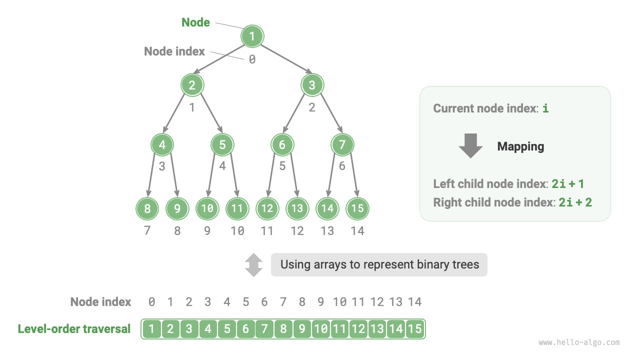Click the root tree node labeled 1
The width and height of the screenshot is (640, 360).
[252, 36]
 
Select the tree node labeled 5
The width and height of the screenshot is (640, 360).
[222, 145]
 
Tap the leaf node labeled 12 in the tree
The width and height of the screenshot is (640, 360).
[267, 208]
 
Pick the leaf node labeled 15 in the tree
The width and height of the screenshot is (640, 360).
[357, 208]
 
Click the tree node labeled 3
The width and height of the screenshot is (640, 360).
[312, 85]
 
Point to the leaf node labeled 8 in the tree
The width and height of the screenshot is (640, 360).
[147, 208]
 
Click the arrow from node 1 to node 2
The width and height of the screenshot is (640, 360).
[222, 60]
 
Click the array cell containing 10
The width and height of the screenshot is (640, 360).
[321, 329]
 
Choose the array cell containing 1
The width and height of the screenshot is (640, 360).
[151, 329]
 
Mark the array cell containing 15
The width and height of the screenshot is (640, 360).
[415, 329]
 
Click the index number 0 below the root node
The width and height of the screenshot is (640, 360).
[252, 59]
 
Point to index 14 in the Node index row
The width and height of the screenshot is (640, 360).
[414, 302]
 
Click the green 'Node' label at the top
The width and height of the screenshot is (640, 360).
[195, 22]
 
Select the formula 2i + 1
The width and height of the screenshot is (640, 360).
[568, 184]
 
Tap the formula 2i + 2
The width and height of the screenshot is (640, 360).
[575, 202]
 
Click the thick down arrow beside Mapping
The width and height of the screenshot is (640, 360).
[470, 146]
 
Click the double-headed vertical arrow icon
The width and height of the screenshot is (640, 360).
[253, 264]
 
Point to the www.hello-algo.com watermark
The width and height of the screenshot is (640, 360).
[579, 342]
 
